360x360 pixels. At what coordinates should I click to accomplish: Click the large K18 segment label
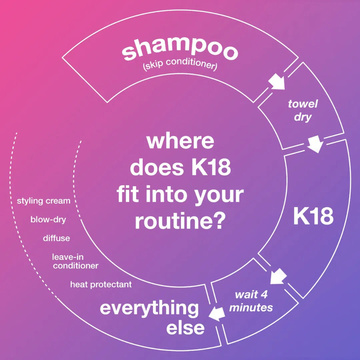pyautogui.click(x=313, y=217)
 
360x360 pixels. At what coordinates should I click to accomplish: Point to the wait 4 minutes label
pyautogui.click(x=251, y=301)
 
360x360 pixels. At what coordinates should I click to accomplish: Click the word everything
pyautogui.click(x=149, y=308)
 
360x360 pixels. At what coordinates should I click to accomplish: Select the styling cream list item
pyautogui.click(x=44, y=201)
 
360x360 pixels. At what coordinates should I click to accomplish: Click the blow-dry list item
pyautogui.click(x=48, y=220)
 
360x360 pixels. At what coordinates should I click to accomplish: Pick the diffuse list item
pyautogui.click(x=56, y=238)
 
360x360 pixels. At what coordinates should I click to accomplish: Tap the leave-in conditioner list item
pyautogui.click(x=75, y=261)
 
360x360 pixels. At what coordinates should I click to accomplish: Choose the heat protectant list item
pyautogui.click(x=101, y=284)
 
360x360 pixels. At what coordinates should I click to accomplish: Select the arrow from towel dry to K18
pyautogui.click(x=315, y=145)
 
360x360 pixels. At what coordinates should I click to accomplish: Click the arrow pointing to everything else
pyautogui.click(x=216, y=314)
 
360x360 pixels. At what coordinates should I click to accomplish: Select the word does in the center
pyautogui.click(x=151, y=168)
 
